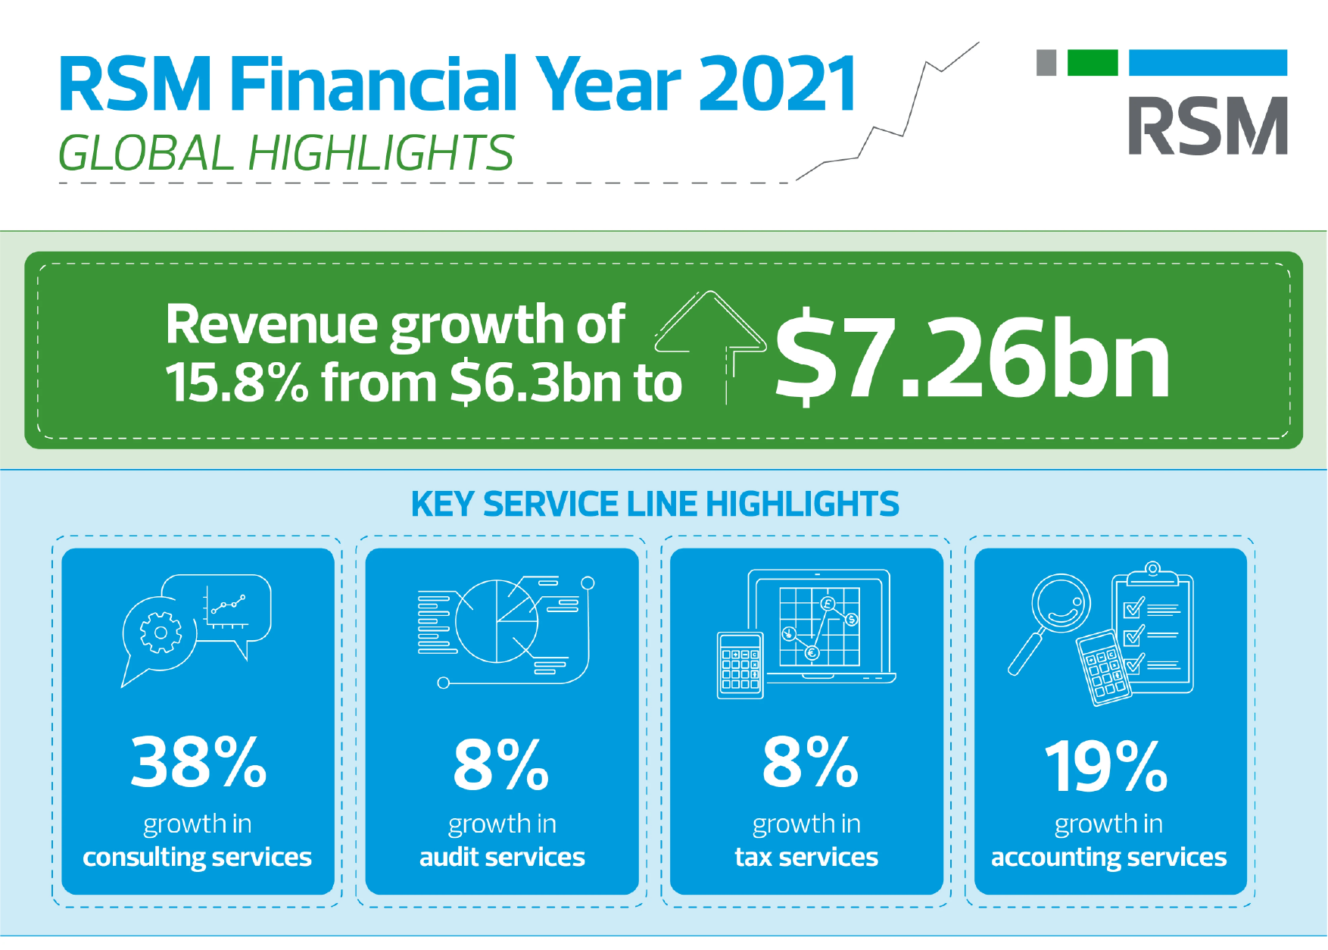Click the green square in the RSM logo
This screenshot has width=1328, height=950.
(1092, 63)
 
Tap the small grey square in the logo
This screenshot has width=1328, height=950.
(1046, 63)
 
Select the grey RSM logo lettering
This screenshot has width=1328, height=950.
(1208, 126)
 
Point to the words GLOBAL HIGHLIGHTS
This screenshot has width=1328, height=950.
(286, 153)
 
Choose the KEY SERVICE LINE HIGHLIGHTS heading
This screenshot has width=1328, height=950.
(655, 504)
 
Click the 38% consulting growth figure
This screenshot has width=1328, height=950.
(198, 762)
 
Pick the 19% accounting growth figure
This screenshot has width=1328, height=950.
(1106, 766)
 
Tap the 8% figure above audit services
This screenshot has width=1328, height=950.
(501, 764)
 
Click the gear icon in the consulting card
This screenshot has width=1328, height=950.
(161, 633)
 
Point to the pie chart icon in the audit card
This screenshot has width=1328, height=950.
(497, 621)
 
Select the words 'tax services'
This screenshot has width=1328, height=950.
(806, 857)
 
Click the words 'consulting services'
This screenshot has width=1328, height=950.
(197, 858)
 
